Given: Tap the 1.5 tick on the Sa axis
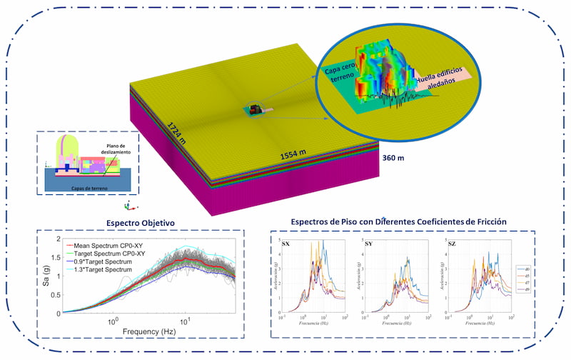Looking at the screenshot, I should click(56, 257).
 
